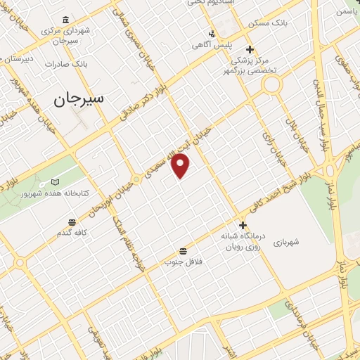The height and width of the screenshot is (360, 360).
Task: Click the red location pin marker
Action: pos(181,165)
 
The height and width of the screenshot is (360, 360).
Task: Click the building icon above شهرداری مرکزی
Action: pos(65,19)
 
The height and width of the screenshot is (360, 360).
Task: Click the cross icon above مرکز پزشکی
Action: pos(250,50)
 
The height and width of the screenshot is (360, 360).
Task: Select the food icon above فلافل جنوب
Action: pos(183,250)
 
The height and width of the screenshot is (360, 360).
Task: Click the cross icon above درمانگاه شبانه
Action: pos(243,226)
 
